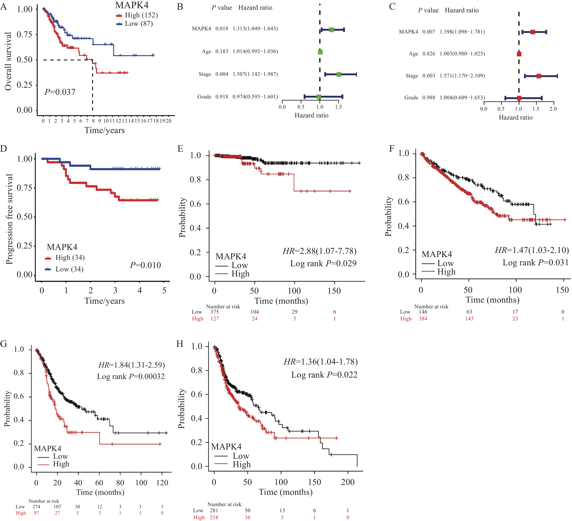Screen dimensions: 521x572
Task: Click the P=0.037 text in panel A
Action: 60,92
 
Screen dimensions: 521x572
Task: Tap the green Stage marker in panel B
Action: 339,74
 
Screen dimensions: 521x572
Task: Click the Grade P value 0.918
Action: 222,97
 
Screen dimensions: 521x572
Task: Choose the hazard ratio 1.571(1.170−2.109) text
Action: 462,76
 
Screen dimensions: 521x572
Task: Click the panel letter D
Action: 4,148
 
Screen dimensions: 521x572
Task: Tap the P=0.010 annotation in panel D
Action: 145,265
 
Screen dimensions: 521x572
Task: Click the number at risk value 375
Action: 214,312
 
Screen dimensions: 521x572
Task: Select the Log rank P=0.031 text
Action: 535,262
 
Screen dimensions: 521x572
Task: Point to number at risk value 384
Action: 423,319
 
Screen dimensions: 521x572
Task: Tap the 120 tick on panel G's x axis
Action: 162,482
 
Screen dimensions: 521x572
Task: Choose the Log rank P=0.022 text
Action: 324,375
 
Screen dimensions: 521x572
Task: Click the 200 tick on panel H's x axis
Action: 348,482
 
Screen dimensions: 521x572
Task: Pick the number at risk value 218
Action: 214,517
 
